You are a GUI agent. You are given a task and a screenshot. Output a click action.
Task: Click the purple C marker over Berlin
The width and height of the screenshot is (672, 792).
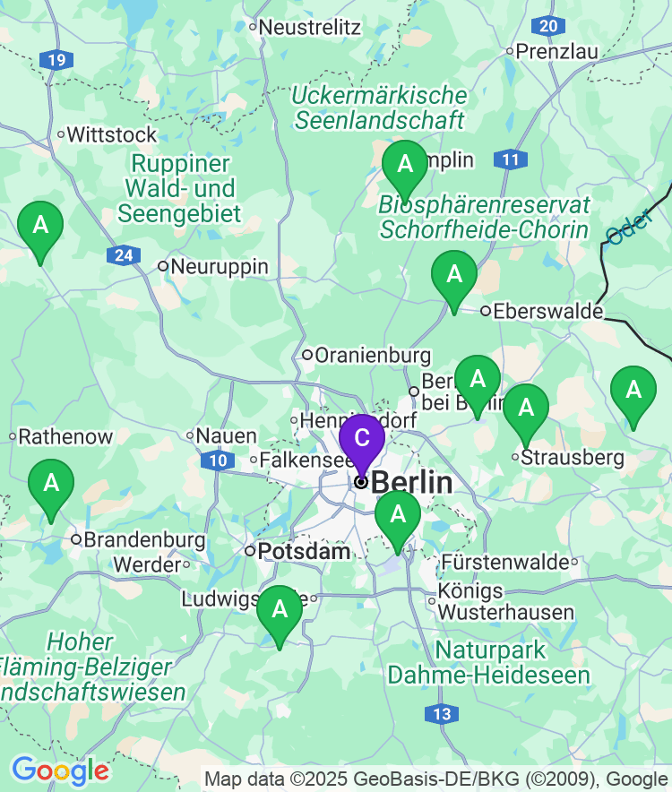tap(361, 439)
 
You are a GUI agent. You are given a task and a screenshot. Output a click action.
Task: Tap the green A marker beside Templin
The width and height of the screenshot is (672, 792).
tap(405, 165)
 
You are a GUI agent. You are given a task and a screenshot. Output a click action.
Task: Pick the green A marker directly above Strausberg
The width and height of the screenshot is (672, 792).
tap(525, 409)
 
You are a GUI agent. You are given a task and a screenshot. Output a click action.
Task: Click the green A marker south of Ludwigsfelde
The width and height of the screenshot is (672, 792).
tap(280, 610)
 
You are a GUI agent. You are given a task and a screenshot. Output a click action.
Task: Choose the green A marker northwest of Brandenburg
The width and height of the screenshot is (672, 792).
tap(51, 484)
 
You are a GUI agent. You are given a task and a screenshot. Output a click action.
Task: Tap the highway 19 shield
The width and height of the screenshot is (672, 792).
tap(56, 61)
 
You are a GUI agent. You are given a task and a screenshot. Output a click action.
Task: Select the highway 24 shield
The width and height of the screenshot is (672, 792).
tap(123, 256)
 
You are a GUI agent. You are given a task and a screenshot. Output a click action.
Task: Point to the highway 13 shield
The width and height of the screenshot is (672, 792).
tap(441, 714)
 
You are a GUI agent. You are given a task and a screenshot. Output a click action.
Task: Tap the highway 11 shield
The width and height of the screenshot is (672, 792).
tap(510, 160)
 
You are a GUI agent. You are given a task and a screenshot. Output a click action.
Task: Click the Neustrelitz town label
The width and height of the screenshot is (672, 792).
tap(310, 27)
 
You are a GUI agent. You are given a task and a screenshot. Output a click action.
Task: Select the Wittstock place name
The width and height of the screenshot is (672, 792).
tap(111, 135)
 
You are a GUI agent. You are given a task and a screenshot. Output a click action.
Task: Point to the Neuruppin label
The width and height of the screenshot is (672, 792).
tap(219, 266)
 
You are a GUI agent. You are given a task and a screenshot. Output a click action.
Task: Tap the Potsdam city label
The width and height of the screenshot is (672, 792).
tap(304, 552)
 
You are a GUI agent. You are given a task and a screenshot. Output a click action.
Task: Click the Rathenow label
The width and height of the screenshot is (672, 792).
tap(65, 437)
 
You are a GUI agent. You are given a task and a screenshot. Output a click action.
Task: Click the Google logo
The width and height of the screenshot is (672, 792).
tap(60, 770)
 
